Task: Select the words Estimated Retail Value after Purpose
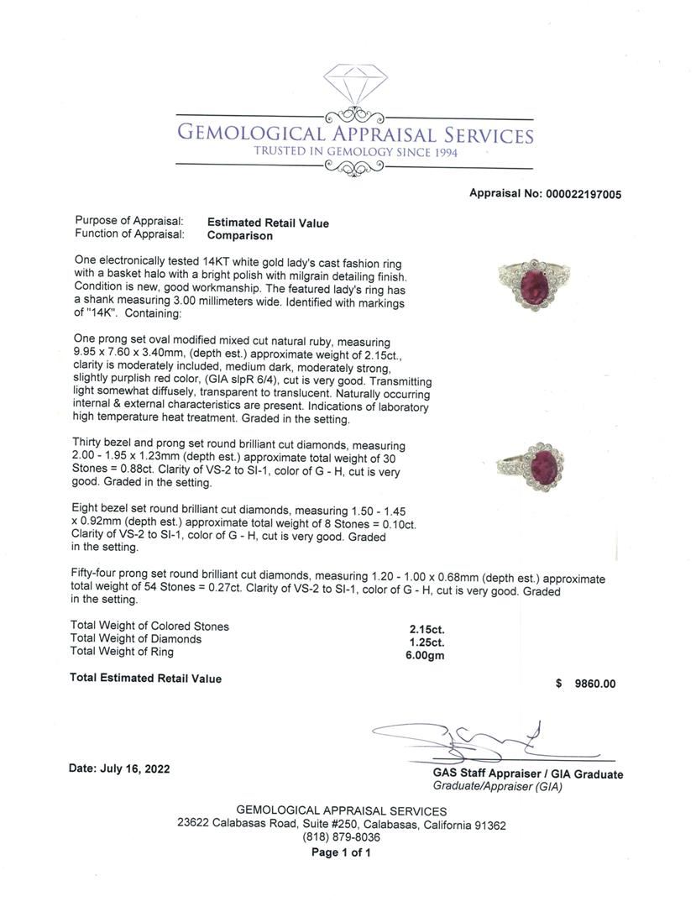tap(268, 223)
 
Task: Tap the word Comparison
tap(240, 236)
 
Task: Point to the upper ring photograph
tap(533, 284)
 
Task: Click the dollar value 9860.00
tap(594, 684)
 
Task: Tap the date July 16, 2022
tap(118, 769)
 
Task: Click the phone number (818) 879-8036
tap(341, 837)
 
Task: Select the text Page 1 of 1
tap(341, 852)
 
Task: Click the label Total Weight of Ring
tap(122, 652)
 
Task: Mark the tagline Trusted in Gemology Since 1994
tap(355, 152)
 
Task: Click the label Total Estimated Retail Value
tap(145, 679)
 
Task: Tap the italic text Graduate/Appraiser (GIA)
tap(497, 787)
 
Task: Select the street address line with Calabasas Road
tap(341, 825)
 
